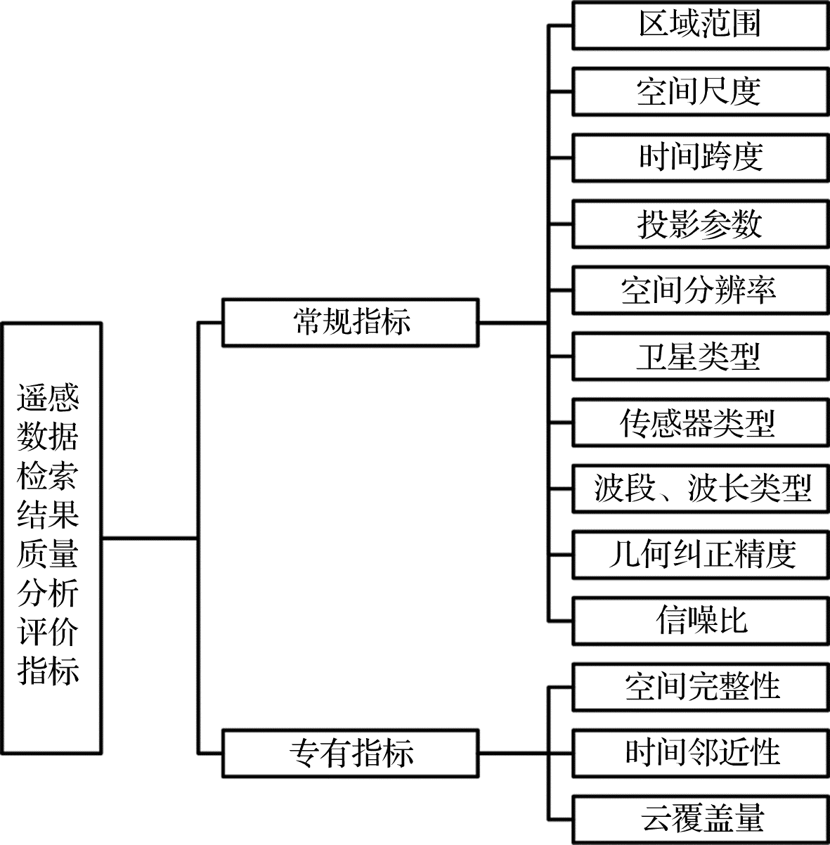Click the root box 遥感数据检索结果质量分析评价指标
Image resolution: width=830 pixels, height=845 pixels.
tap(52, 538)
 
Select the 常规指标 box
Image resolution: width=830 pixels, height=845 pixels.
tap(351, 323)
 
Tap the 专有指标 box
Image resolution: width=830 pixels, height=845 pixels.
tap(351, 753)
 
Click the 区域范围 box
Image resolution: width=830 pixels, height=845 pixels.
tap(700, 25)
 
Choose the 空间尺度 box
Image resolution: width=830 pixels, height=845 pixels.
tap(700, 91)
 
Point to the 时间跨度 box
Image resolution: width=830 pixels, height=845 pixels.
tap(700, 157)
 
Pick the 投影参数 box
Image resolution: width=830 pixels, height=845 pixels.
tap(700, 224)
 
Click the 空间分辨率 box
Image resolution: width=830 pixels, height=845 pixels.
tap(700, 290)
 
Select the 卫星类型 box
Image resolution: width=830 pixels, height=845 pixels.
tap(700, 356)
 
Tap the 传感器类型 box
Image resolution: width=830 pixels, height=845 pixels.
tap(700, 422)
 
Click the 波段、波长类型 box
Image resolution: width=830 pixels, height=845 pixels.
tap(700, 488)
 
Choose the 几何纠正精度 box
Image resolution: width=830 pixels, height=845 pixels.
tap(700, 555)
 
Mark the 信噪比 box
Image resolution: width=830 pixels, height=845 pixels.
tap(700, 621)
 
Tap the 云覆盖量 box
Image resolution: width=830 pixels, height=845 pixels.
tap(700, 819)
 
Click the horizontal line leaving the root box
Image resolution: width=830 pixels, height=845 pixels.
tap(149, 538)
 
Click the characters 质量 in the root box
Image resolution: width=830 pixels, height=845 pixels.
tap(48, 555)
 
